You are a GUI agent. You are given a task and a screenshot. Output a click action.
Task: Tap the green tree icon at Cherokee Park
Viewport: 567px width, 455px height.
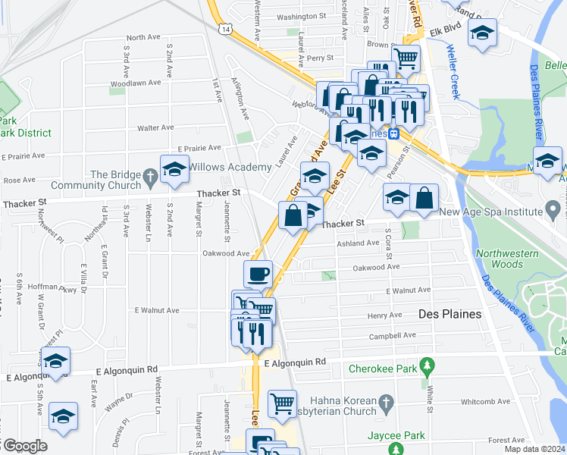[428, 369]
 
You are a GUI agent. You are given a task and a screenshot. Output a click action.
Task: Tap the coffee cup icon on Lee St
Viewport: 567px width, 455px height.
[258, 274]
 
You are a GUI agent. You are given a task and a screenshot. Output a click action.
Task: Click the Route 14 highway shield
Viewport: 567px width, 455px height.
[226, 29]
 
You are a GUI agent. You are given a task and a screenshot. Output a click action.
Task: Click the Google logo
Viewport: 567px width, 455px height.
[24, 446]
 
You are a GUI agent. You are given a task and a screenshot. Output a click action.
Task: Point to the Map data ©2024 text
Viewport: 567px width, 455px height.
[535, 449]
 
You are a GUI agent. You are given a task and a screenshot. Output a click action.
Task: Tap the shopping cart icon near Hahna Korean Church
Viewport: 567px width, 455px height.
[282, 403]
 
